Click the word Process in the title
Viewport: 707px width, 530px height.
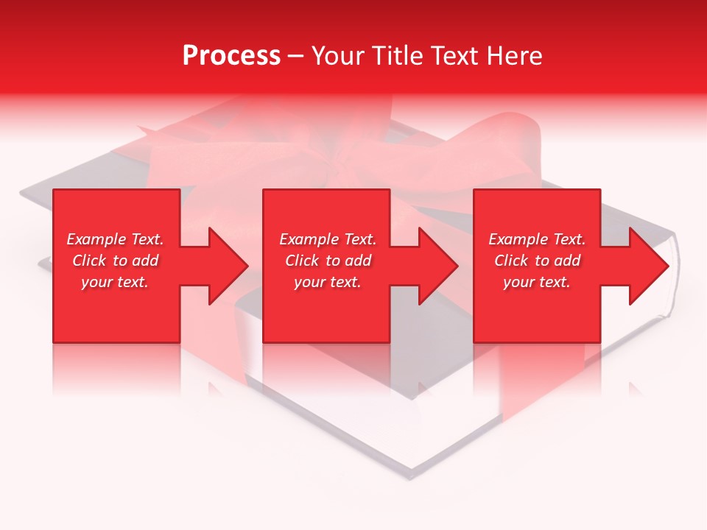(x=231, y=56)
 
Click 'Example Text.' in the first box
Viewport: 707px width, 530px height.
(x=115, y=239)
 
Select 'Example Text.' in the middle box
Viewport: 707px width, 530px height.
(x=328, y=239)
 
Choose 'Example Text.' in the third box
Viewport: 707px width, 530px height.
(x=537, y=239)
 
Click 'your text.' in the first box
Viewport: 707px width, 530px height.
(x=115, y=282)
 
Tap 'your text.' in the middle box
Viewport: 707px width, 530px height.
(x=328, y=282)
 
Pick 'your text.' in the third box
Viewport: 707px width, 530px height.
(x=537, y=282)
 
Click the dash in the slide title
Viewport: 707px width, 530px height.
(x=296, y=57)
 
